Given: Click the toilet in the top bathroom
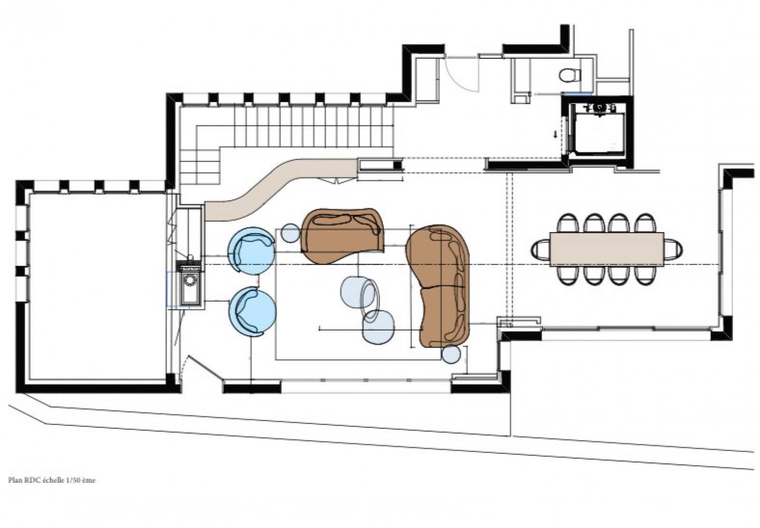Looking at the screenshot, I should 570,75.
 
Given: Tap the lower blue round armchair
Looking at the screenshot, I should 252,311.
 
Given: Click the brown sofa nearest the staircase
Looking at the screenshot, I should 341,235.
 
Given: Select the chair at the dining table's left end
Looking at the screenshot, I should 541,249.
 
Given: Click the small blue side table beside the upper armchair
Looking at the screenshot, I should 290,233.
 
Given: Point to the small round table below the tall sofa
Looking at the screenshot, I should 450,354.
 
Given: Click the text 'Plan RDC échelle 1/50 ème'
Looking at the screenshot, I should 52,480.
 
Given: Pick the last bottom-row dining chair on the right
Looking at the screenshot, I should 644,275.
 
